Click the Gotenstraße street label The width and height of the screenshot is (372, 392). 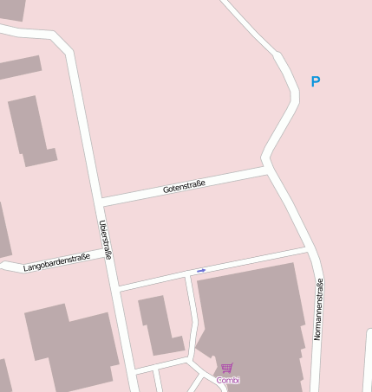(184, 185)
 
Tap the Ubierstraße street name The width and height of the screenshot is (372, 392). (105, 240)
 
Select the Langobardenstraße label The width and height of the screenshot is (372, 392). (56, 261)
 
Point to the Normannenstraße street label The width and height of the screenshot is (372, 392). (318, 309)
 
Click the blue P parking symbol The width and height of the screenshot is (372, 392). (316, 82)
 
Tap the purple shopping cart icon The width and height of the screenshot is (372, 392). (227, 368)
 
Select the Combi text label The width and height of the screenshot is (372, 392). (228, 380)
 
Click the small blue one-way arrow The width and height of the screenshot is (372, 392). (201, 271)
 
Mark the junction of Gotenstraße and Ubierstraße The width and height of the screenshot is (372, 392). (101, 202)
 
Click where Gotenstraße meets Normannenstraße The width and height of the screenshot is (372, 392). (267, 170)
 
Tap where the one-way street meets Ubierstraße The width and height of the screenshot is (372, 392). (115, 285)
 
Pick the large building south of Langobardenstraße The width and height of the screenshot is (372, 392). (74, 346)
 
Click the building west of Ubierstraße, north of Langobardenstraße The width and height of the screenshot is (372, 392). (30, 130)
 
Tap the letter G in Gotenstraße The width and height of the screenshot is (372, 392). (165, 190)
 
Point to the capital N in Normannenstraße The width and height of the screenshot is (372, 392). (318, 336)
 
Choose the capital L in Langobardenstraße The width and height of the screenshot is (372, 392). (26, 267)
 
